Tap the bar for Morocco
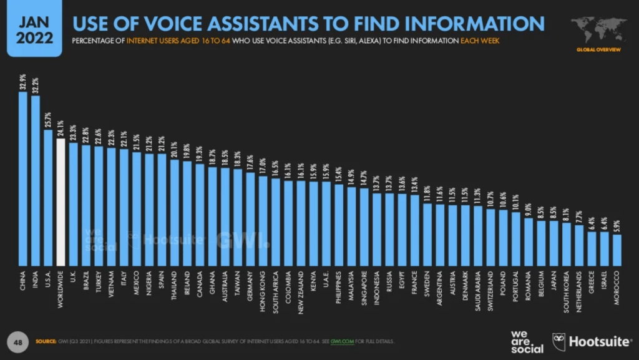click(x=617, y=250)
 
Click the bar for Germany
click(x=250, y=218)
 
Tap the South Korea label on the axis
click(x=566, y=289)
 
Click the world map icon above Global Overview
click(x=597, y=29)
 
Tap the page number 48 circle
click(x=19, y=341)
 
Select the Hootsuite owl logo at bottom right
click(x=560, y=341)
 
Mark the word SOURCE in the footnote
click(x=46, y=342)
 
